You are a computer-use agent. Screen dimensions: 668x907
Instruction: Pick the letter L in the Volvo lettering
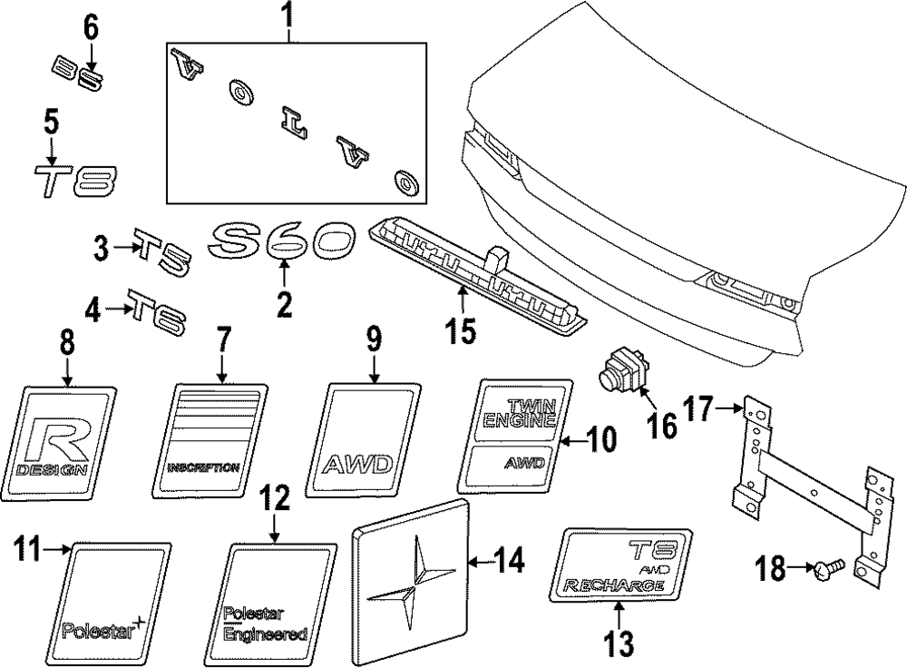point(292,121)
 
